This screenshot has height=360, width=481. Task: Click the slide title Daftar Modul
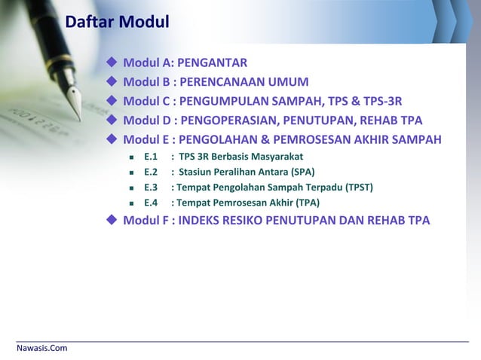tap(117, 23)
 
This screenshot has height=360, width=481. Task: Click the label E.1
tap(150, 157)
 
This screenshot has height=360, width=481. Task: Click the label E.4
tap(150, 203)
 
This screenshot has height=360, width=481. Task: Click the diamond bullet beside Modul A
tap(112, 62)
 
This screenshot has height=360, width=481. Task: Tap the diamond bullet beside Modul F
tap(112, 221)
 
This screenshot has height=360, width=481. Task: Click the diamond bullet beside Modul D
tap(112, 121)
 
